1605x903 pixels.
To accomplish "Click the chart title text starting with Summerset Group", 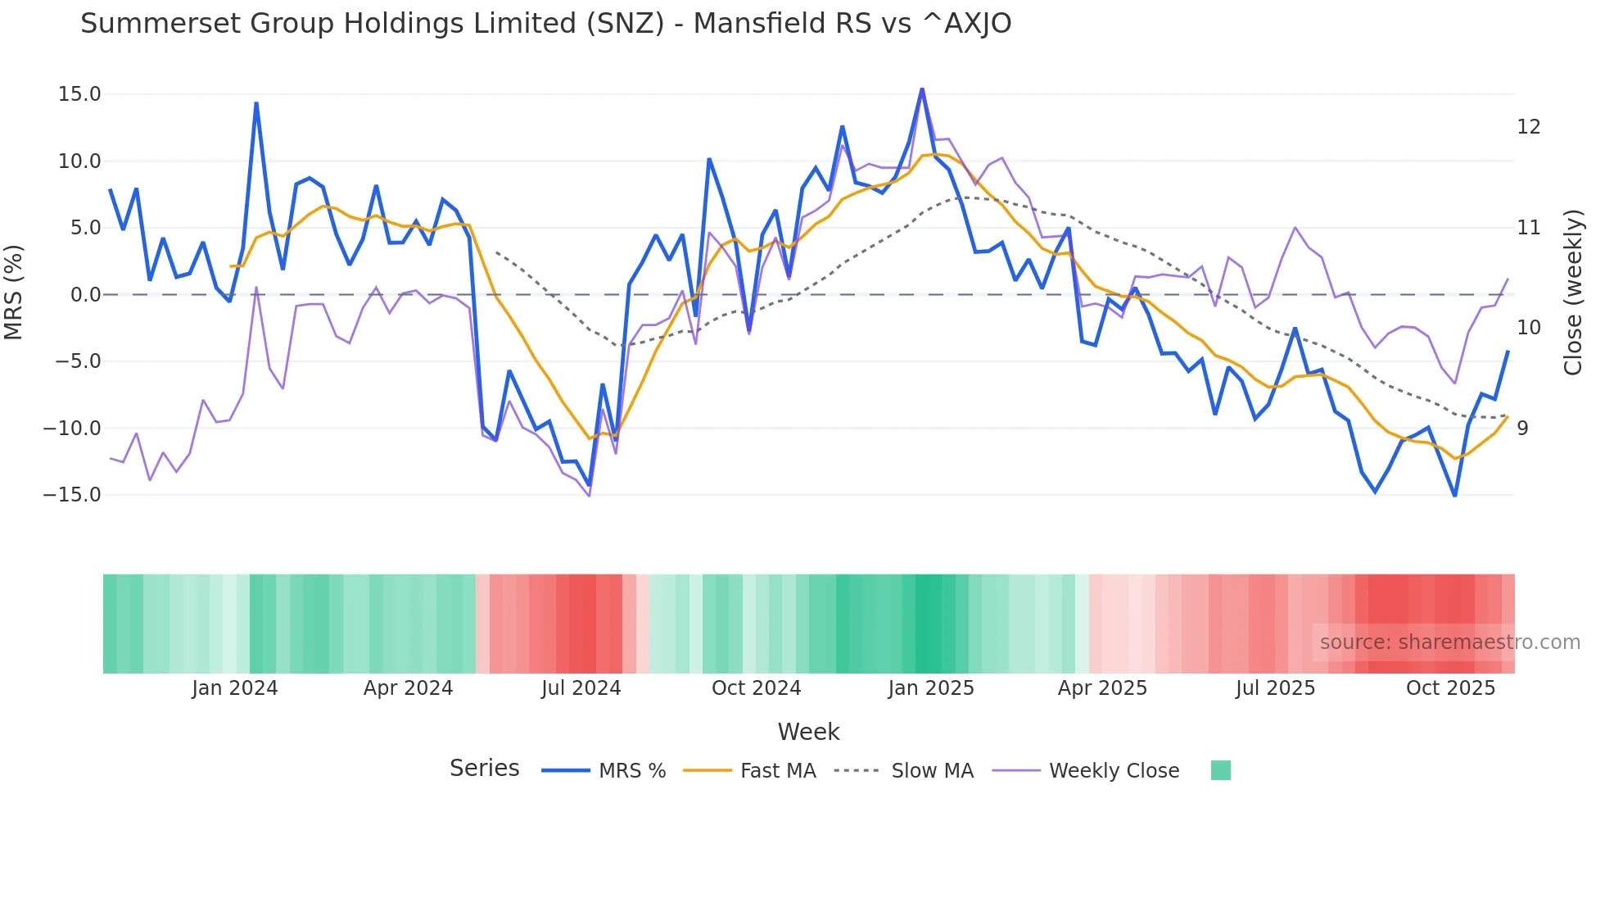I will pyautogui.click(x=545, y=24).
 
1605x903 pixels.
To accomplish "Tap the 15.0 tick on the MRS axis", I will pyautogui.click(x=79, y=94).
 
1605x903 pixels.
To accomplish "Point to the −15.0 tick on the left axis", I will pyautogui.click(x=72, y=495).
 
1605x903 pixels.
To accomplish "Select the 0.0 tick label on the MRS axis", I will pyautogui.click(x=85, y=295).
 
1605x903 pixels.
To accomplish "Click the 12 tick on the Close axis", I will pyautogui.click(x=1528, y=127).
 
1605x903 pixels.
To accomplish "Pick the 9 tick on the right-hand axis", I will pyautogui.click(x=1522, y=429).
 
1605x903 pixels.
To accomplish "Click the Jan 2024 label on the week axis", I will pyautogui.click(x=235, y=688).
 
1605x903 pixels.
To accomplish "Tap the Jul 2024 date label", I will pyautogui.click(x=581, y=688).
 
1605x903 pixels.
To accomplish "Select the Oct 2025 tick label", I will pyautogui.click(x=1450, y=688).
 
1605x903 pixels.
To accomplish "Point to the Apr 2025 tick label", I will pyautogui.click(x=1102, y=688).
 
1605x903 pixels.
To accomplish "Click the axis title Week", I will pyautogui.click(x=808, y=732).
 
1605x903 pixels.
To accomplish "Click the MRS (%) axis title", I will pyautogui.click(x=14, y=292).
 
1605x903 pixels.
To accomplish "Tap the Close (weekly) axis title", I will pyautogui.click(x=1573, y=293).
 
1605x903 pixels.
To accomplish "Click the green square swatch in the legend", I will pyautogui.click(x=1220, y=770).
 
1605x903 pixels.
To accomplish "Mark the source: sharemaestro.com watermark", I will pyautogui.click(x=1449, y=642).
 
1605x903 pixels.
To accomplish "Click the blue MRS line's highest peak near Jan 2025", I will pyautogui.click(x=922, y=88).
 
